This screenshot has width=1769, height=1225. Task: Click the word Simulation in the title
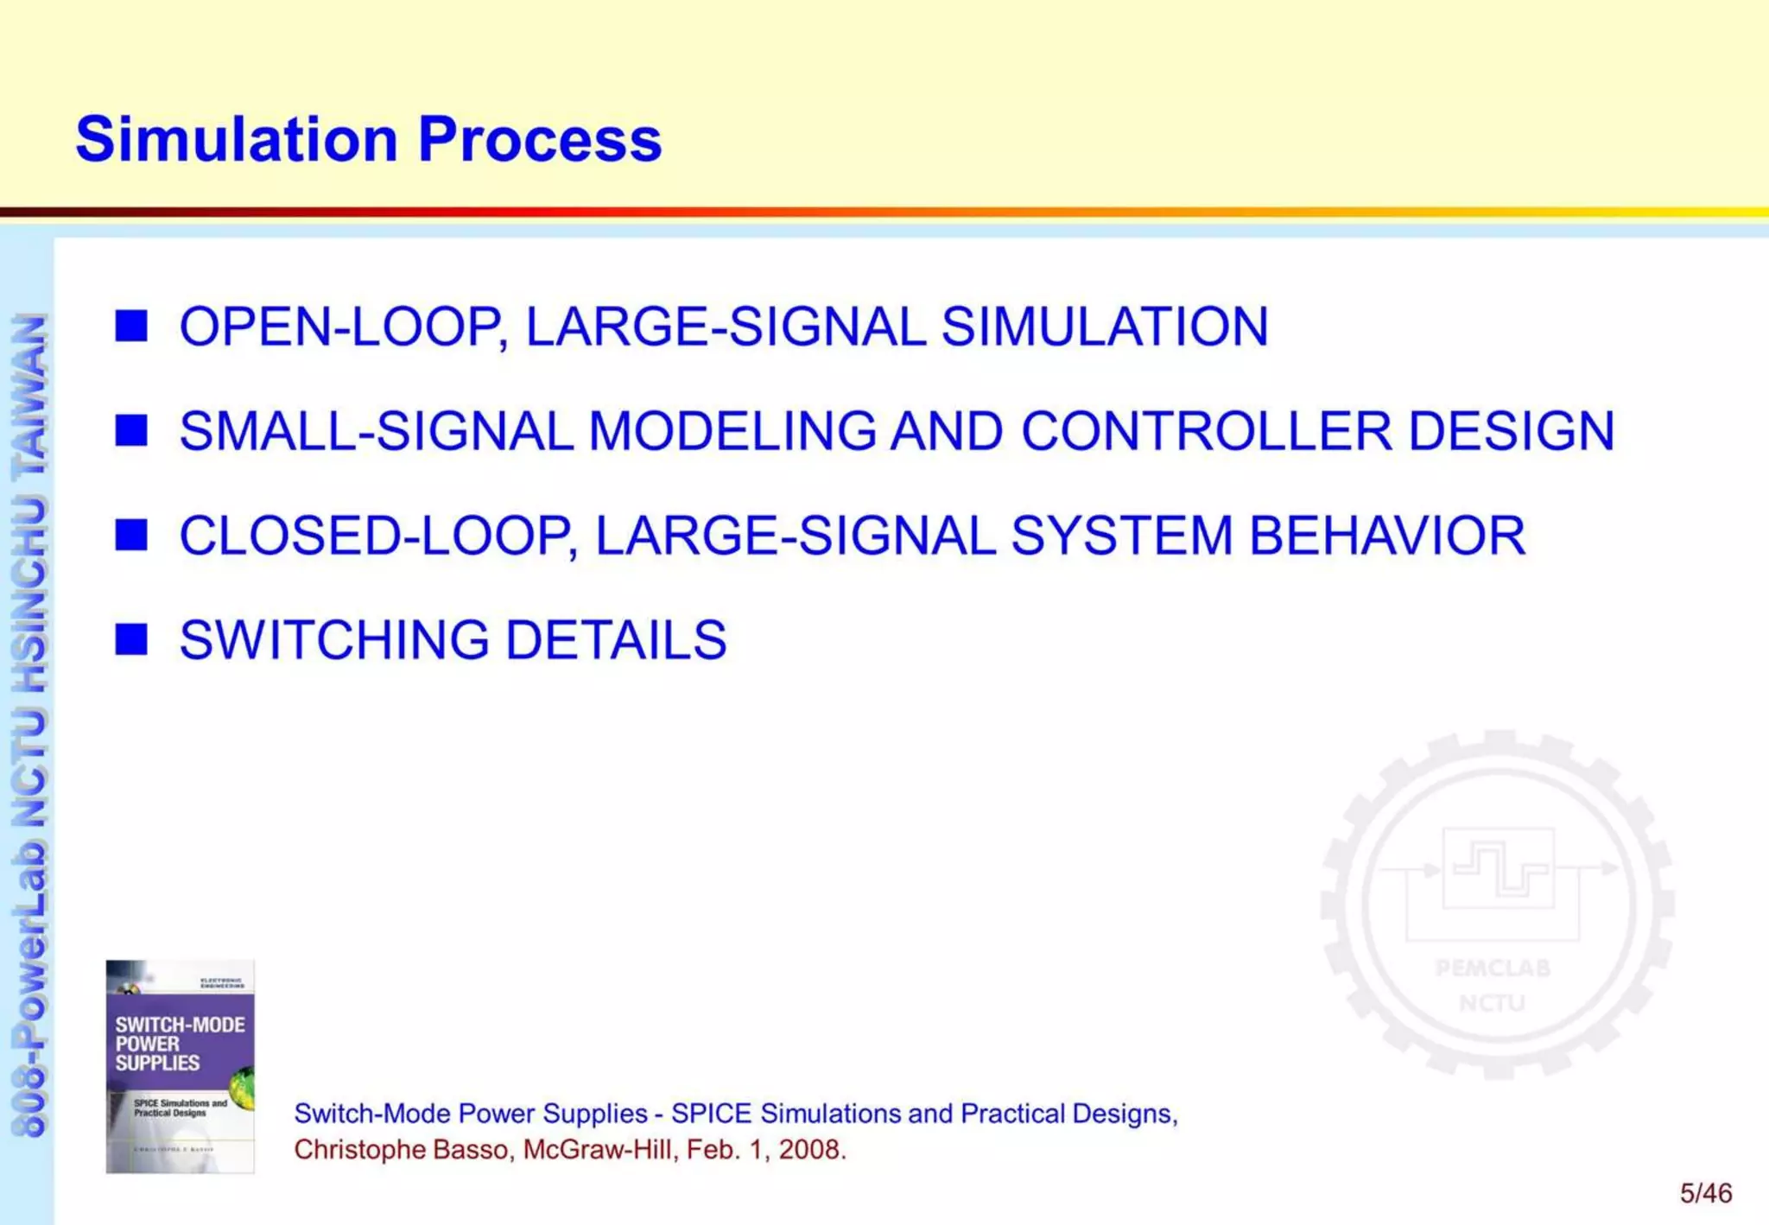point(236,140)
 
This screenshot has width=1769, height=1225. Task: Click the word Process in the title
point(539,140)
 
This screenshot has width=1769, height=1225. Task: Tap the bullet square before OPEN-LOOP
point(130,327)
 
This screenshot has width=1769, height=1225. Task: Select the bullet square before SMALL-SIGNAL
point(130,430)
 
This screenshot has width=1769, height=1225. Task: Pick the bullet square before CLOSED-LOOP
point(130,535)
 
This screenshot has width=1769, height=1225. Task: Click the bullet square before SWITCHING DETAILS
point(130,639)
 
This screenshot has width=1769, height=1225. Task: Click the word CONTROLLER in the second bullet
point(1206,430)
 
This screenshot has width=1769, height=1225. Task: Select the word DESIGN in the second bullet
point(1511,430)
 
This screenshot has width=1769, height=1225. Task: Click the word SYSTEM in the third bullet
point(1121,535)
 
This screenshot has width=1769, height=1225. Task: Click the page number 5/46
point(1705,1194)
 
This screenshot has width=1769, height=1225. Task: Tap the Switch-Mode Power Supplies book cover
point(180,1066)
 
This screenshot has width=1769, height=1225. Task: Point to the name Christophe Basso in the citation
point(402,1150)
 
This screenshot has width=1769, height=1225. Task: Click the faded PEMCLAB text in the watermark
point(1493,968)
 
